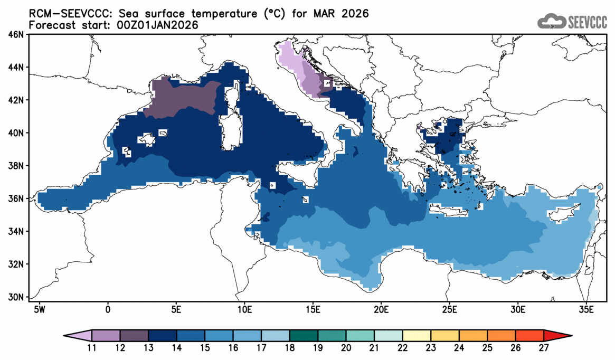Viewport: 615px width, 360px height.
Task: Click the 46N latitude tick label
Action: tap(16, 35)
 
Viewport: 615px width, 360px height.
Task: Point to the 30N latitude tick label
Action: tap(16, 297)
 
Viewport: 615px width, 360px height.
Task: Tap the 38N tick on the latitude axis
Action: tap(16, 166)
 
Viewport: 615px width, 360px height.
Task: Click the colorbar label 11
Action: tap(92, 348)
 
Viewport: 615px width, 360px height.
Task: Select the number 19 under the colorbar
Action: tap(318, 348)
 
